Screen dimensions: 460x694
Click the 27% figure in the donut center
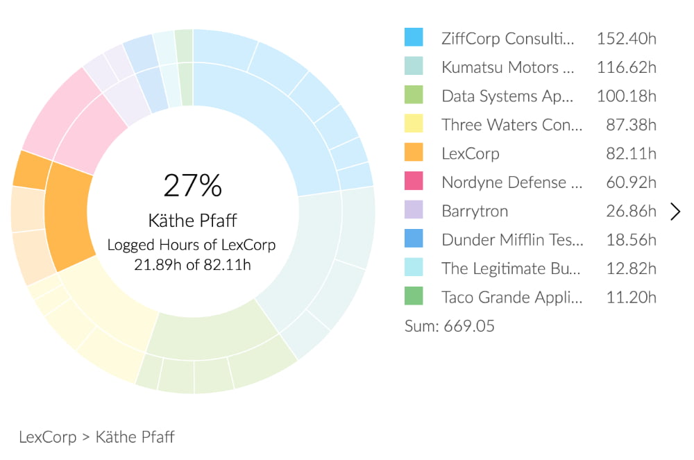[193, 186]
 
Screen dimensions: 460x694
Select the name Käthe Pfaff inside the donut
[193, 221]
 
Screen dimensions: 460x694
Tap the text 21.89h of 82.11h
[193, 264]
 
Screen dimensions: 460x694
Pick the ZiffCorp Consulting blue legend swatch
[414, 37]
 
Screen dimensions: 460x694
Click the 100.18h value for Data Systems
[626, 96]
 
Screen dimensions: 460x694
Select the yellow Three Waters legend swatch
[414, 124]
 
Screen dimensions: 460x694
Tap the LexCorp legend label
[470, 153]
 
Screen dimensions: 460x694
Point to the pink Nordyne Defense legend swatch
[414, 182]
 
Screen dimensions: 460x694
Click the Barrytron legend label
[475, 211]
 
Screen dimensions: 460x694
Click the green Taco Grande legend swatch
[414, 298]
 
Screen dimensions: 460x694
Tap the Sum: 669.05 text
[450, 326]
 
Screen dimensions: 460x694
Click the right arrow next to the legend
[675, 212]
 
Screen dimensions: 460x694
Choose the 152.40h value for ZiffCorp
[626, 37]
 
